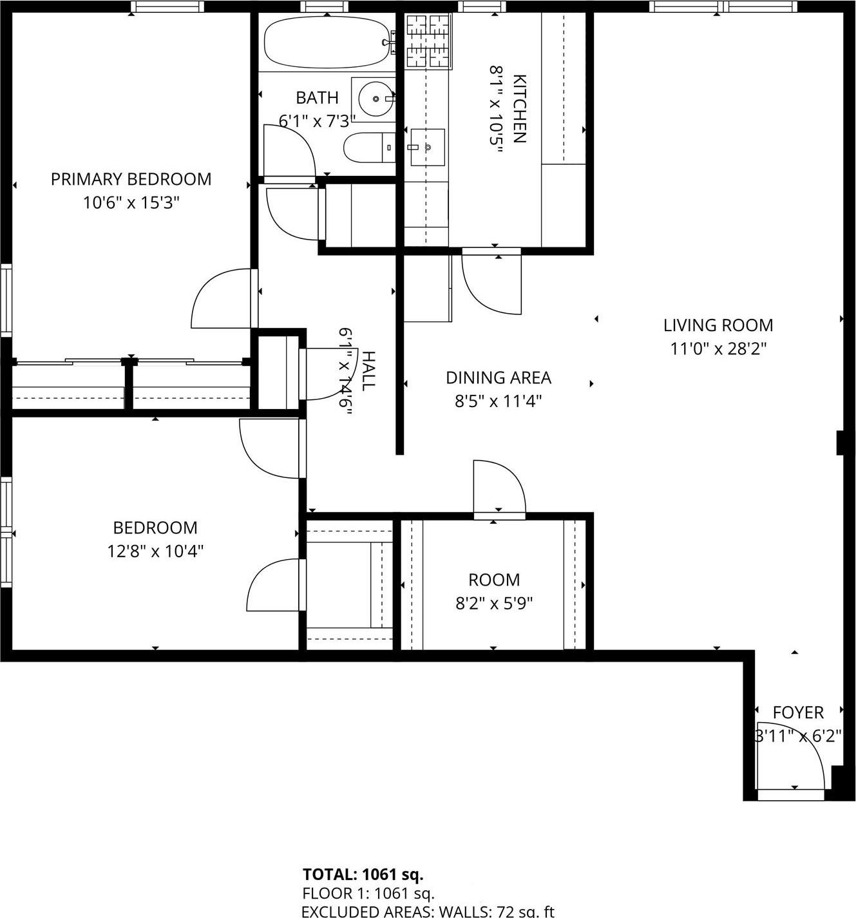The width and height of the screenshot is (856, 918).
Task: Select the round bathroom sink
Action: (374, 99)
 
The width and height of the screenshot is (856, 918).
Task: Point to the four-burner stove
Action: (428, 41)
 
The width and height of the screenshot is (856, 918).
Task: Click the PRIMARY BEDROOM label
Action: (131, 179)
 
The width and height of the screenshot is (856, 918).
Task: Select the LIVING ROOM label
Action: (718, 325)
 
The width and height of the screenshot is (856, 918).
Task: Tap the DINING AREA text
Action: (499, 378)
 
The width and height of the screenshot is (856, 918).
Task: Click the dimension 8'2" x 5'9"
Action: (494, 604)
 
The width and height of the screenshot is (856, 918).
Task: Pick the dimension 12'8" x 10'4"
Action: (155, 551)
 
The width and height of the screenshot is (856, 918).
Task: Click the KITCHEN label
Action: (519, 108)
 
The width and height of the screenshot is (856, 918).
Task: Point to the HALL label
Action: (368, 371)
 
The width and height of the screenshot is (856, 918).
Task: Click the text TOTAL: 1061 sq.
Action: (363, 874)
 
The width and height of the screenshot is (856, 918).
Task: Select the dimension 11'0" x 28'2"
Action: (718, 349)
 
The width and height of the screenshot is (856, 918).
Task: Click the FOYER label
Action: (798, 712)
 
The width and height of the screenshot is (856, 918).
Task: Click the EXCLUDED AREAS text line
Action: (428, 911)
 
